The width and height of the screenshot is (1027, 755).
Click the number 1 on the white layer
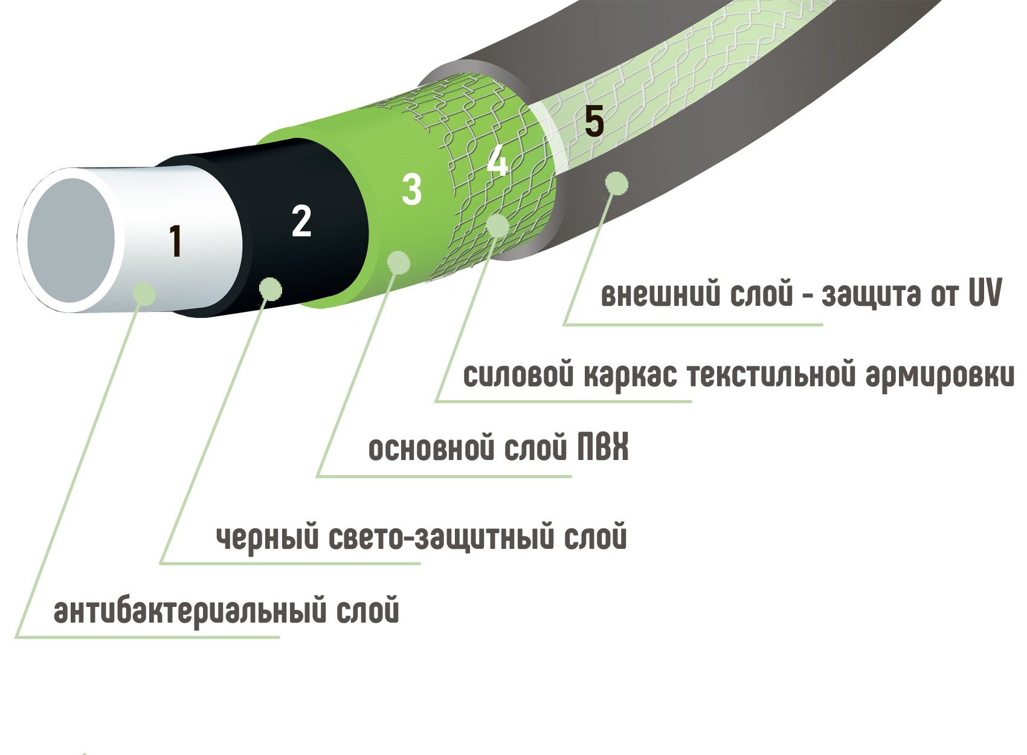point(175,241)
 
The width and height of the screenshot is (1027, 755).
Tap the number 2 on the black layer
point(301,221)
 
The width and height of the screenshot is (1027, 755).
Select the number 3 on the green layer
point(411,189)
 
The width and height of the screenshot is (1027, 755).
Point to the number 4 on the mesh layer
point(497,161)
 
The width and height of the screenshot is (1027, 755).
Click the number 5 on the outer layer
point(594,121)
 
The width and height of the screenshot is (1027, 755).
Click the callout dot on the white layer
point(144,294)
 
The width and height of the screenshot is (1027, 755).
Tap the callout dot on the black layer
point(271,288)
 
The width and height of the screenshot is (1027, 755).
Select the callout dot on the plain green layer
point(398,262)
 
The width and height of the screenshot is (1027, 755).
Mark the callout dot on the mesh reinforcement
point(498,225)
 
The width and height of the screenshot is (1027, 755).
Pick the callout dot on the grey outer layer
point(616,183)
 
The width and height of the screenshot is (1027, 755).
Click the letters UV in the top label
point(985,293)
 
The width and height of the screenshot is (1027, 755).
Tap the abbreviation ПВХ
point(602,448)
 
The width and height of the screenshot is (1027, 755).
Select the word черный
point(267,537)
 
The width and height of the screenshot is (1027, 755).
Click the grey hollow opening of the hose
point(70,240)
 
